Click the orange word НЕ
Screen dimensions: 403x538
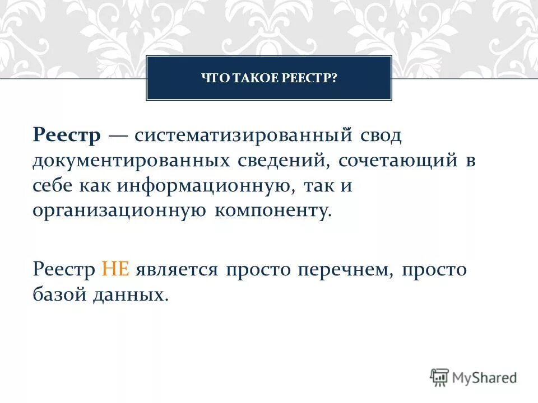point(116,269)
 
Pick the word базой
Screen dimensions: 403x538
point(58,294)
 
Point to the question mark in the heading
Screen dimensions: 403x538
point(335,78)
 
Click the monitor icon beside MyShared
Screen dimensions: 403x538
point(440,377)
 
